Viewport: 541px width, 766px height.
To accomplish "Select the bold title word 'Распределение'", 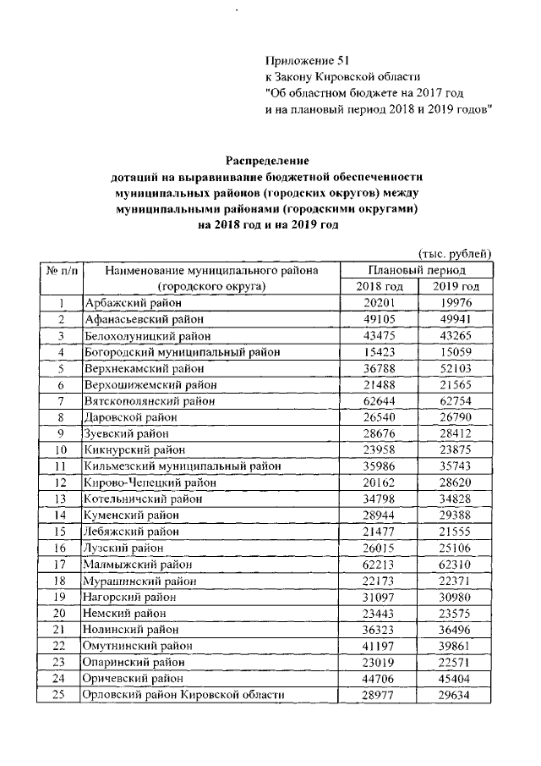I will click(x=267, y=161).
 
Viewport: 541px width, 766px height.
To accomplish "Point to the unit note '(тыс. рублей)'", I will click(x=454, y=254).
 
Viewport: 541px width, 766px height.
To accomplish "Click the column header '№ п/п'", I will click(x=61, y=271).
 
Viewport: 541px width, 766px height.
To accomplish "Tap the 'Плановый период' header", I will click(x=416, y=271).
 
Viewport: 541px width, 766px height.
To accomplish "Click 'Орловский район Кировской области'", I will click(x=183, y=695).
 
